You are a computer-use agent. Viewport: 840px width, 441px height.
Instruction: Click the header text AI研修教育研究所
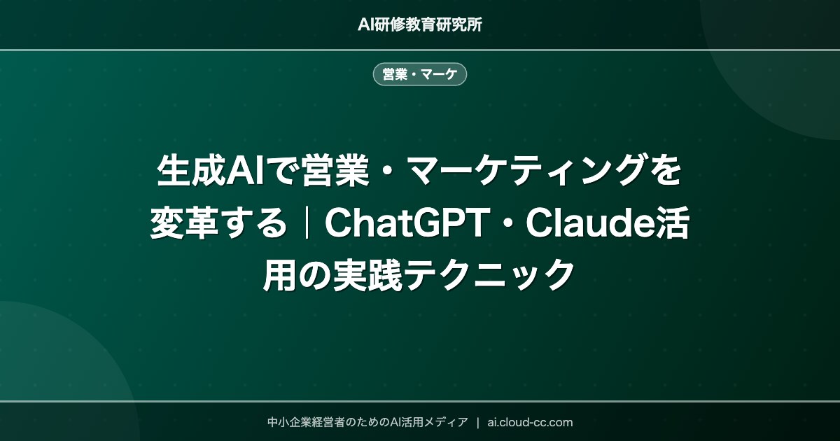click(x=419, y=24)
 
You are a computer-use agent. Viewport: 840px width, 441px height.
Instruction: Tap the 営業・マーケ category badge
click(x=419, y=74)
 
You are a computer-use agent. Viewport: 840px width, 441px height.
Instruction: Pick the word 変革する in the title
click(x=218, y=224)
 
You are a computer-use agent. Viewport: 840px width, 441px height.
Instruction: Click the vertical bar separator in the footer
click(x=477, y=422)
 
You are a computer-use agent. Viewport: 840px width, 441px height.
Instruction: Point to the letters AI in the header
click(x=365, y=24)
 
